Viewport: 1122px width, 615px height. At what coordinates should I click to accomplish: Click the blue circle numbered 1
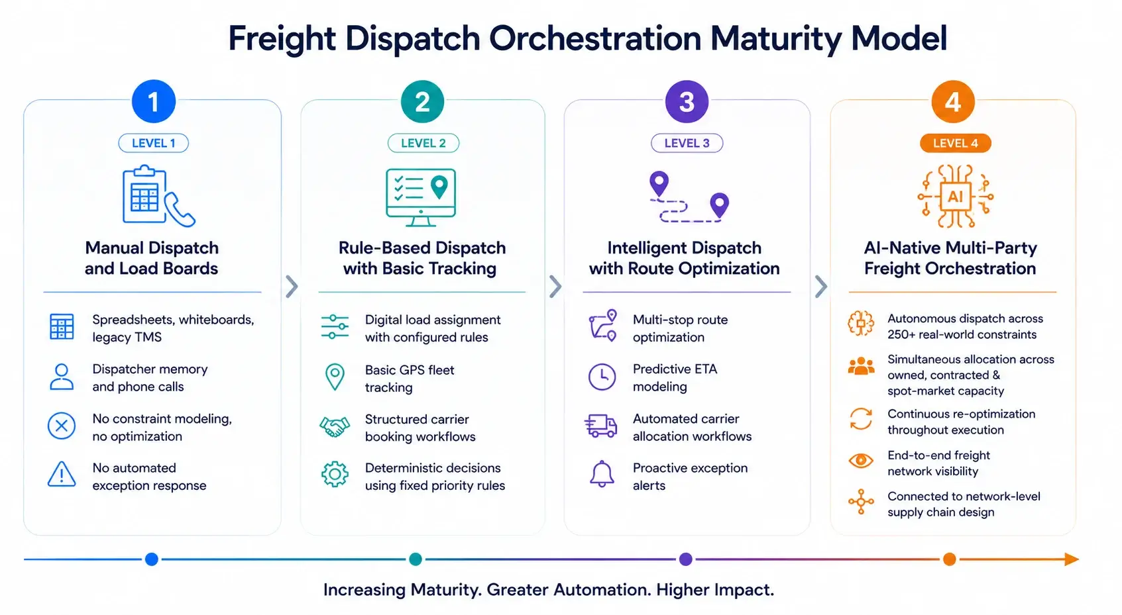[153, 101]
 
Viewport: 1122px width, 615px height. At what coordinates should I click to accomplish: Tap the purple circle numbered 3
[686, 101]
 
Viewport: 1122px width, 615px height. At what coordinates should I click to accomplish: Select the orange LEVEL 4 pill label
[955, 143]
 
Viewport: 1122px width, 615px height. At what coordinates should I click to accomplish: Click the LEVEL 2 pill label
[423, 143]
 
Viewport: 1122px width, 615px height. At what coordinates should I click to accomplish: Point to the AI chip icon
[955, 196]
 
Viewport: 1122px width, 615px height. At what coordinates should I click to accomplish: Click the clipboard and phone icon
[158, 196]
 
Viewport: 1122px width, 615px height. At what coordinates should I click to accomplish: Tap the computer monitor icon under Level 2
[421, 197]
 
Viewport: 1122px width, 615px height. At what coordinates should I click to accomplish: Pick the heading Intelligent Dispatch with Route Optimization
[684, 258]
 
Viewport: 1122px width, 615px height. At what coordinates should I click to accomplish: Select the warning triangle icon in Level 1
[62, 474]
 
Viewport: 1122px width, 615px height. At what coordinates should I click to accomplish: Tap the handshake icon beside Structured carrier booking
[334, 427]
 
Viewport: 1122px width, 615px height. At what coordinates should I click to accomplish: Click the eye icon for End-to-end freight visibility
[860, 460]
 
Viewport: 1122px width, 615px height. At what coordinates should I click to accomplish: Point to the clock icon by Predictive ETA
[602, 377]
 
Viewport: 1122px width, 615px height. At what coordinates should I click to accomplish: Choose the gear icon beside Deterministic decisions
[335, 474]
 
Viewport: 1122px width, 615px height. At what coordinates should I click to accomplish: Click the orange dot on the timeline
[949, 559]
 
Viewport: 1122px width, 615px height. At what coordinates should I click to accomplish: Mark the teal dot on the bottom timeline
[416, 559]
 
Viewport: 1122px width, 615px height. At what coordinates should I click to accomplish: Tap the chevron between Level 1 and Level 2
[292, 287]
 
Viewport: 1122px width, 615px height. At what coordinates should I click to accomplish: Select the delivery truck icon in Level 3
[600, 426]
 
